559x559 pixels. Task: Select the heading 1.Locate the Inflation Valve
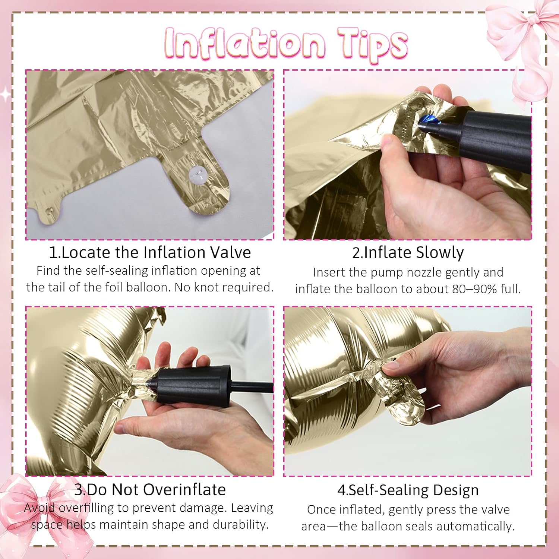(x=150, y=252)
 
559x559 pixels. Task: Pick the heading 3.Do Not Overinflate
(x=150, y=489)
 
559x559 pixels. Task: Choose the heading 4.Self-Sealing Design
(x=408, y=490)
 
